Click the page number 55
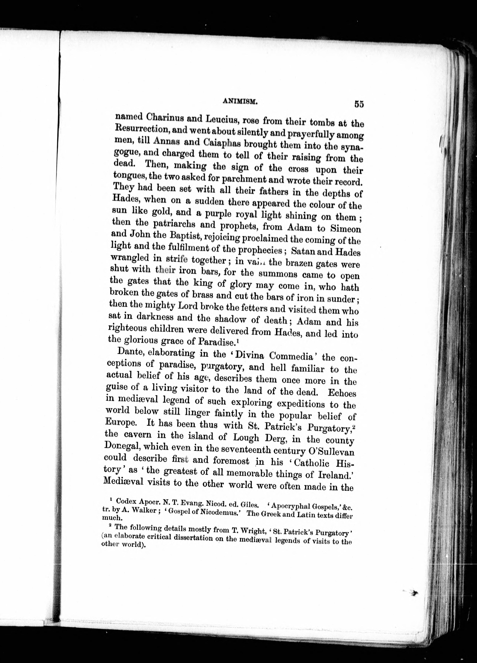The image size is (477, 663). [x=359, y=104]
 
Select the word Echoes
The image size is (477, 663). [x=342, y=393]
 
